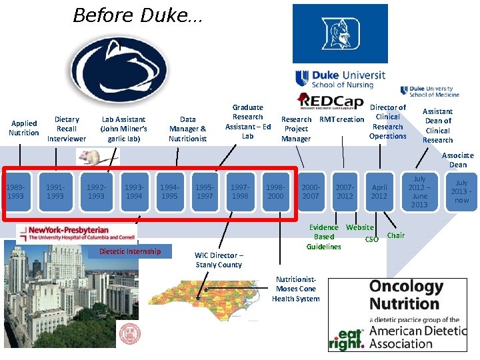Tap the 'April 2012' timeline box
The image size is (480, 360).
379,192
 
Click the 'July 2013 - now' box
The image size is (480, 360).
461,191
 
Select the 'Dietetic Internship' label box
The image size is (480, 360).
129,251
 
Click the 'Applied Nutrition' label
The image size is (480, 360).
24,128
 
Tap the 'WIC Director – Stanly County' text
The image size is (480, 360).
219,260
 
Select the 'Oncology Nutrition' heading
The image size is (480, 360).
405,295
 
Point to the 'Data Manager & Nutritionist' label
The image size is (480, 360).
187,129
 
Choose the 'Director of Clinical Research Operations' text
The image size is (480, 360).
388,121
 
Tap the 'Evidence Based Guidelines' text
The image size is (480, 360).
324,237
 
